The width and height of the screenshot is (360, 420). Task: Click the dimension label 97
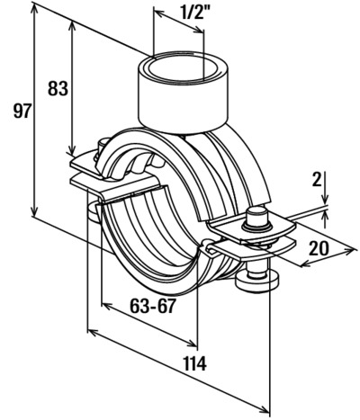point(22,112)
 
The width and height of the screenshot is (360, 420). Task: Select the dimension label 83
point(58,89)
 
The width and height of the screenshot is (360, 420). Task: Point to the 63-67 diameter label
point(152,306)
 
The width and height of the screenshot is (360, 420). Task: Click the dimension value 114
point(195,363)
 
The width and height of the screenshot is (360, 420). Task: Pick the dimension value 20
point(319,248)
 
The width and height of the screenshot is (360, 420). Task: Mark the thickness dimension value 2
point(317,180)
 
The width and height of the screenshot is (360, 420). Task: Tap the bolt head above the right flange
point(256,217)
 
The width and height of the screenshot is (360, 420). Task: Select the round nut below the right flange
point(257,281)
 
